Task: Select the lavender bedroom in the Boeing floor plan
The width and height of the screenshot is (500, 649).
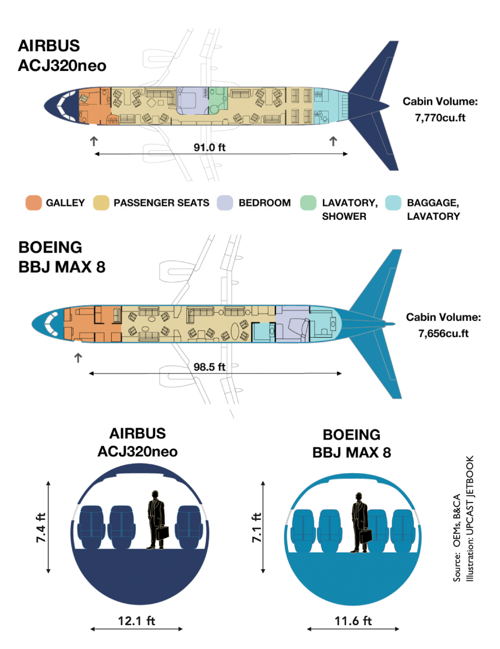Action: point(292,324)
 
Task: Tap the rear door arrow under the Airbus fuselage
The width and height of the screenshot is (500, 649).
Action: point(333,141)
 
